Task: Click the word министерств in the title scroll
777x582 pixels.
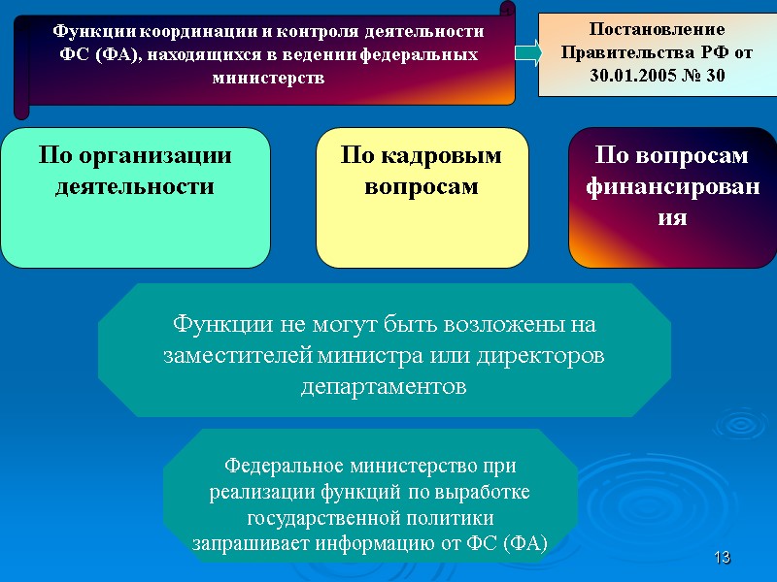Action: [268, 78]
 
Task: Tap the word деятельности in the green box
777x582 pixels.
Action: [134, 184]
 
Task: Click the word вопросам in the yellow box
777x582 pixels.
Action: [422, 185]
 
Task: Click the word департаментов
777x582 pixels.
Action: [384, 386]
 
